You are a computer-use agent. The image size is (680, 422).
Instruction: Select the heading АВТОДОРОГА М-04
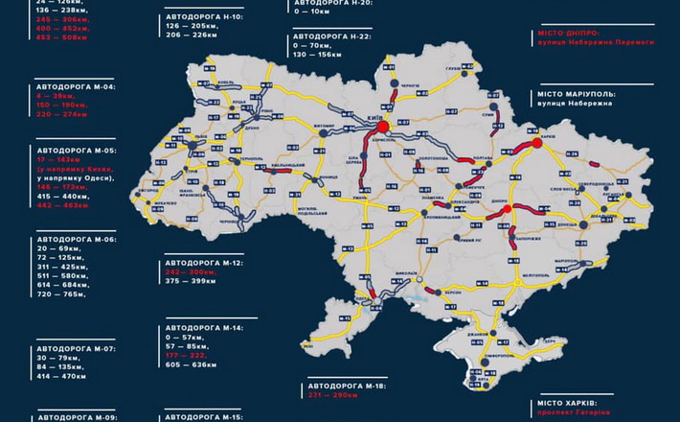click(x=74, y=86)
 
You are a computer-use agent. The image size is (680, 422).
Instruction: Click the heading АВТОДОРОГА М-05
click(x=74, y=151)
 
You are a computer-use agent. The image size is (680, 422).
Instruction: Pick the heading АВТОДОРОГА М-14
click(x=205, y=327)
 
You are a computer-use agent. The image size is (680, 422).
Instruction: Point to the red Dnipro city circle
click(x=510, y=209)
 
